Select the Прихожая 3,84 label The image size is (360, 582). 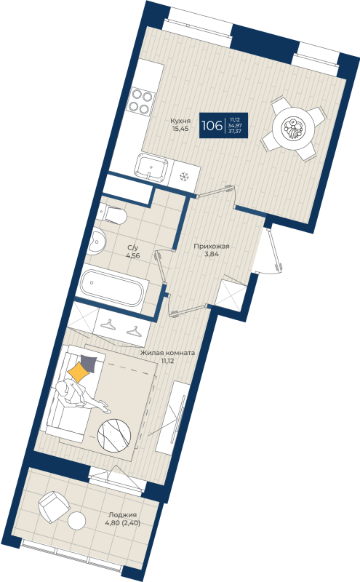click(212, 250)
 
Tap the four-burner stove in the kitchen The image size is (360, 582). click(140, 104)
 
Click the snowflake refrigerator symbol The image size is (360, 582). click(184, 176)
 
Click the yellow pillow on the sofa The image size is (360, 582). click(78, 373)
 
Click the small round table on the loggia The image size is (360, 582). click(77, 521)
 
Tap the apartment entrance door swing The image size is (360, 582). click(273, 252)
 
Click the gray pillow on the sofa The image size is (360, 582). click(89, 364)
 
